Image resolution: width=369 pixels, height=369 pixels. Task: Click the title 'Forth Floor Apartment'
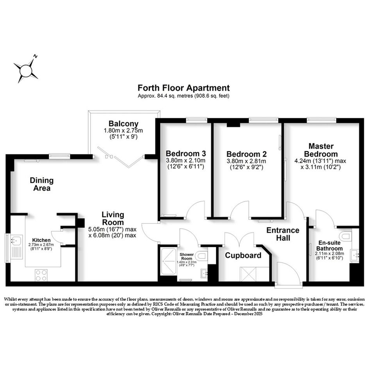(184, 88)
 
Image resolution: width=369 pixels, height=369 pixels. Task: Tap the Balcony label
(123, 123)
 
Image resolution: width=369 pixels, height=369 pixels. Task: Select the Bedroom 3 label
(186, 153)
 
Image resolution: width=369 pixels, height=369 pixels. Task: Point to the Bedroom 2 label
(246, 154)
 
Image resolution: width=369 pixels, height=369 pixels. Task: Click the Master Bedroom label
(321, 150)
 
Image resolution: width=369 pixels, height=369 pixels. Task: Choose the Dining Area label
(42, 184)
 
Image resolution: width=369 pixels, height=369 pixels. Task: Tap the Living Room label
(113, 218)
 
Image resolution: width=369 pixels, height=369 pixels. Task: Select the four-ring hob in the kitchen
(41, 275)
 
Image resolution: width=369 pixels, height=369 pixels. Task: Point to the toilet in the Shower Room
(202, 256)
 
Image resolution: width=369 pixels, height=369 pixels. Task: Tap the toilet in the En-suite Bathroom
(346, 235)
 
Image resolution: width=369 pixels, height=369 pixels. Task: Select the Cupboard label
(243, 255)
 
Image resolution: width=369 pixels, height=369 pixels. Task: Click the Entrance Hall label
(283, 234)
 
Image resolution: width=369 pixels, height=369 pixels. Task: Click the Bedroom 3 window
(196, 120)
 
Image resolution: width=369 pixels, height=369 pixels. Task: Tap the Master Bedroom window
(321, 120)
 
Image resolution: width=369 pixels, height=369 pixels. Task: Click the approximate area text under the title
(184, 96)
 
